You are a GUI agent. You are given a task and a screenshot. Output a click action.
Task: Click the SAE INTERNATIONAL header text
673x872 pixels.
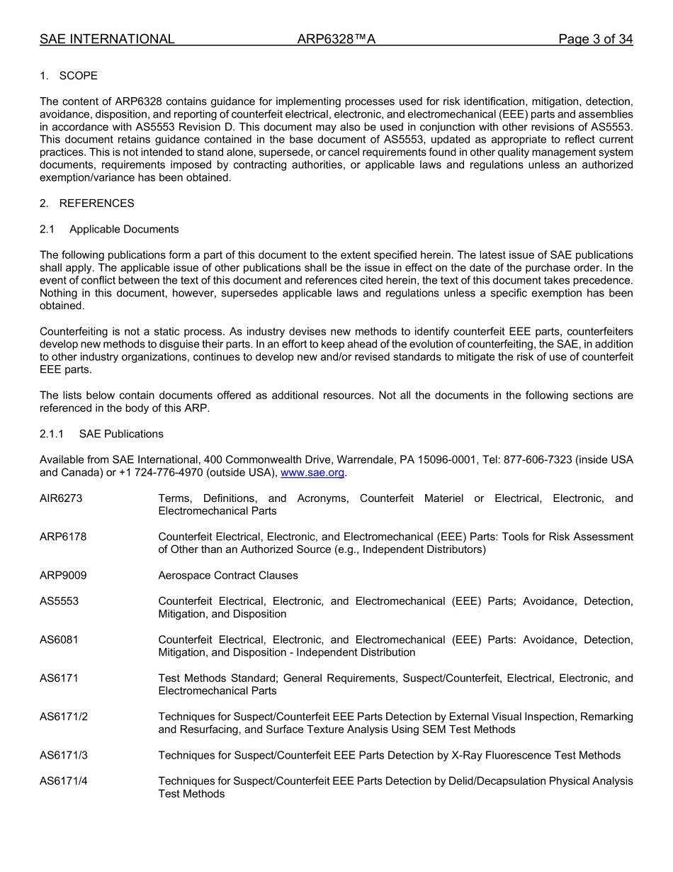pos(107,39)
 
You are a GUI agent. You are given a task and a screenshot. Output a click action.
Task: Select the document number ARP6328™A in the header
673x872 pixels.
pos(336,39)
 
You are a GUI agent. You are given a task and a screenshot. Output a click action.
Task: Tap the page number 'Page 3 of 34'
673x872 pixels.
pos(595,39)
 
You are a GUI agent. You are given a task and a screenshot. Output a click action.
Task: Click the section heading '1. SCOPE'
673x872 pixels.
pos(69,76)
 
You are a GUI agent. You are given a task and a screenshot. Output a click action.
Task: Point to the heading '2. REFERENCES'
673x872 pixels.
pos(86,203)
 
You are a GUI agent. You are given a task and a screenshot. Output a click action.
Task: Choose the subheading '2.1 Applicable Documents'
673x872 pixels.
pos(109,229)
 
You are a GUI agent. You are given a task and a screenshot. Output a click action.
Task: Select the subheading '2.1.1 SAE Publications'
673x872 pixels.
pos(101,434)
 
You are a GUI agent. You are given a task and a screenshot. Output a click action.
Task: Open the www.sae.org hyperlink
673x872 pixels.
pos(312,473)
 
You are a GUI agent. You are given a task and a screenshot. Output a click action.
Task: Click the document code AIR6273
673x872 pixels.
pos(61,498)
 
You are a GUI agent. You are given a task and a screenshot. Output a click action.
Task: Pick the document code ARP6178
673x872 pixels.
pos(63,537)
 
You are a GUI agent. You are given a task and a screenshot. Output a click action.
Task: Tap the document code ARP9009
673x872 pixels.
pos(63,576)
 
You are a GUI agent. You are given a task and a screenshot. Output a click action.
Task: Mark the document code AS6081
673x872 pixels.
pos(59,639)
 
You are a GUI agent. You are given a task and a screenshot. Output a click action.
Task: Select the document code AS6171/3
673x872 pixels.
pos(64,755)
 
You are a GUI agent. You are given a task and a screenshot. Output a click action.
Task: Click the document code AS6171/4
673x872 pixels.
pos(64,781)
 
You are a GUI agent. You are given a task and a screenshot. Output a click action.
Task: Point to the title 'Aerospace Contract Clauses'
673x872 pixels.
pos(228,576)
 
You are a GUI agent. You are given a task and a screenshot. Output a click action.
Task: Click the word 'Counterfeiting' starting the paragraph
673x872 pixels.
pos(73,332)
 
